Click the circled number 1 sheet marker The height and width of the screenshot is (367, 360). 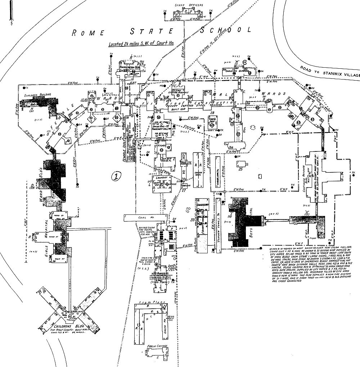tap(116, 176)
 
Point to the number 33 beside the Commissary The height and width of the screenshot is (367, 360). tap(192, 219)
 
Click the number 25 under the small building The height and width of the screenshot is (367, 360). tap(241, 169)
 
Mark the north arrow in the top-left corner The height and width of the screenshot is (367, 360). tap(13, 13)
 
